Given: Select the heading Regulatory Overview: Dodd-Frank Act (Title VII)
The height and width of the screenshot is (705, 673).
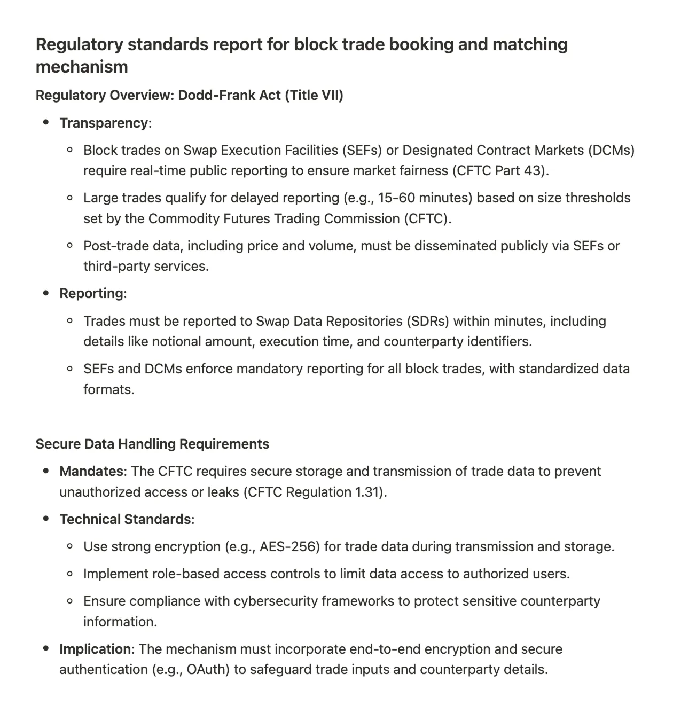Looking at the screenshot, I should point(189,96).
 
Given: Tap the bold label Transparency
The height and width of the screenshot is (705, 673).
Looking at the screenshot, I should point(104,123).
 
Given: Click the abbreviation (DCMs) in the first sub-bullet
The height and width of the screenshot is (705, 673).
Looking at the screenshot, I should point(611,150).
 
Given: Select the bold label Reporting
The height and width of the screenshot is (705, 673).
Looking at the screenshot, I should point(91,294).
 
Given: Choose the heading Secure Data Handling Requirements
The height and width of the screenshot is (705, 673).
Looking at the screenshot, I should point(152,444).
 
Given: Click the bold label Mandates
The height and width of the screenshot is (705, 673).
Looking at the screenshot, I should point(91,472).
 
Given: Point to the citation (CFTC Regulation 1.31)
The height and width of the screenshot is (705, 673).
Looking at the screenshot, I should point(315,492).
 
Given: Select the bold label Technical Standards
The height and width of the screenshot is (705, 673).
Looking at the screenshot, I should point(125,520).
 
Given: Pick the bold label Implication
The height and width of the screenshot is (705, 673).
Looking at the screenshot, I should point(96,649).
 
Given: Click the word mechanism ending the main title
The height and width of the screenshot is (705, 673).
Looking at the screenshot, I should point(82,67).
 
